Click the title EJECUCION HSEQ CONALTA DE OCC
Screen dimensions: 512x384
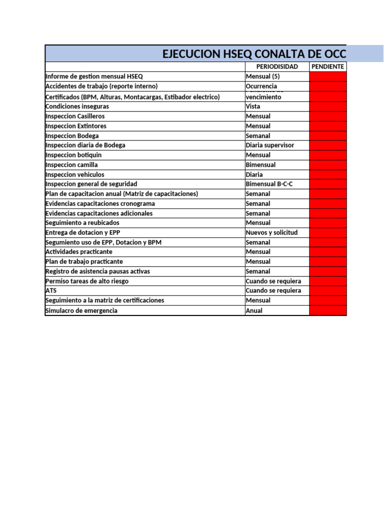click(x=254, y=54)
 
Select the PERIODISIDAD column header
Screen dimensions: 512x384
click(x=277, y=66)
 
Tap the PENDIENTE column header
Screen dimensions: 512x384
click(x=327, y=66)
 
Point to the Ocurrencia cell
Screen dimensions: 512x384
click(x=261, y=86)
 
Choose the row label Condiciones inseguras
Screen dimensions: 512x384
click(x=77, y=106)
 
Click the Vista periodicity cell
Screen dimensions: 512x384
click(x=253, y=106)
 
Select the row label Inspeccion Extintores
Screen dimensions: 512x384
click(x=76, y=126)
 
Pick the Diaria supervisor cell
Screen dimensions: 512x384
click(x=270, y=145)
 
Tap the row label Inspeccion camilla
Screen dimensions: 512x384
click(x=71, y=164)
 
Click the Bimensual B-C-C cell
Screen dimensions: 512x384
click(x=269, y=184)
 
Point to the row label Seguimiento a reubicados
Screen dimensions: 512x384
click(x=82, y=222)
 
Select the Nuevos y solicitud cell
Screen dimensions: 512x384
click(x=271, y=232)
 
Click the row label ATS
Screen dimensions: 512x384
click(x=51, y=290)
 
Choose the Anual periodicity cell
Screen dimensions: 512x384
click(x=254, y=310)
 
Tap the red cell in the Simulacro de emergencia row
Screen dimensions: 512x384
click(x=327, y=310)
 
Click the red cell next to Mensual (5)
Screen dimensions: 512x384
click(x=327, y=76)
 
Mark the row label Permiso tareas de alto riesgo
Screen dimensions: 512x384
click(x=87, y=281)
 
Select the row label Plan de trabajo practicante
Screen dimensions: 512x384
click(x=84, y=261)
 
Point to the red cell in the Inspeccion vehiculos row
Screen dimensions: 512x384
click(x=327, y=174)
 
